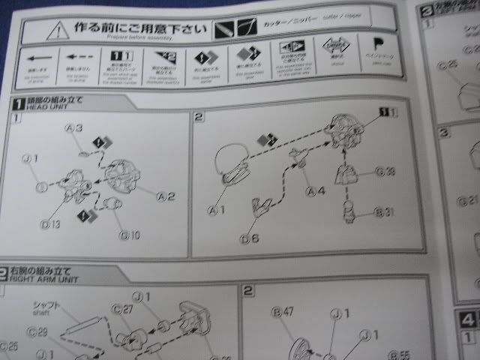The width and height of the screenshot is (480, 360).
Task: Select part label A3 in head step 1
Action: (x=73, y=129)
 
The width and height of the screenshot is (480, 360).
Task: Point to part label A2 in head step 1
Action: (x=166, y=196)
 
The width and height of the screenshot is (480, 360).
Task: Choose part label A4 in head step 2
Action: (x=316, y=190)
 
